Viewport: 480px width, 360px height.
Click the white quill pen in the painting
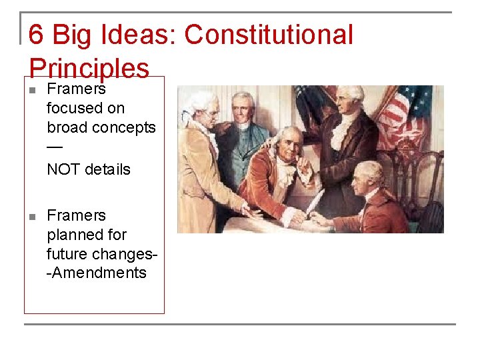pyautogui.click(x=315, y=200)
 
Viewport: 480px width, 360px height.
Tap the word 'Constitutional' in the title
pyautogui.click(x=269, y=35)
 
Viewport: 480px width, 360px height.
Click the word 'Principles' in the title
pyautogui.click(x=89, y=68)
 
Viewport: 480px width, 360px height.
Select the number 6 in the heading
pyautogui.click(x=37, y=35)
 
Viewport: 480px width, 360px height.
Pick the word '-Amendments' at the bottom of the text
pyautogui.click(x=97, y=273)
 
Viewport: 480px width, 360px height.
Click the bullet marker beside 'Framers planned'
pyautogui.click(x=31, y=216)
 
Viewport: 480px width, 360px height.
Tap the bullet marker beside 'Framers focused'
pyautogui.click(x=31, y=89)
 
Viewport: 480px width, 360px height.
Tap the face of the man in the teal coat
pyautogui.click(x=243, y=107)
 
